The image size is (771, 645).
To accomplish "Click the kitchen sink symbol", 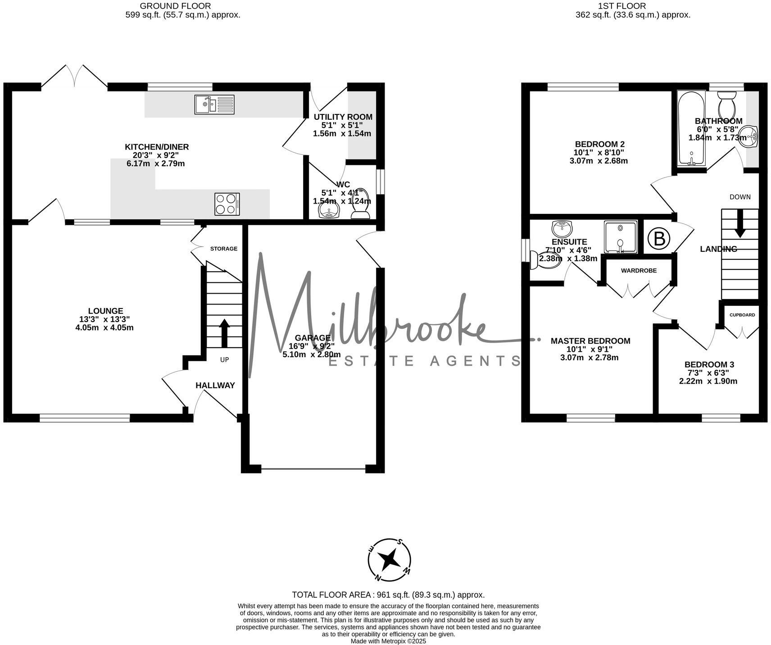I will click(x=214, y=104).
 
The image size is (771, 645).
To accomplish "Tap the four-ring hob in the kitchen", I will click(x=227, y=204).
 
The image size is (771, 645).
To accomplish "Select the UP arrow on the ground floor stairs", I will click(x=224, y=333).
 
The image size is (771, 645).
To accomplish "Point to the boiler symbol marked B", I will click(x=659, y=238).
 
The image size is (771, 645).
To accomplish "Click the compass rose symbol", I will click(x=390, y=560).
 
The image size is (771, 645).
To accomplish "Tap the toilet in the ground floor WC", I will click(x=360, y=205).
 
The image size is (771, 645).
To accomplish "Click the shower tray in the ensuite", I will click(x=621, y=236).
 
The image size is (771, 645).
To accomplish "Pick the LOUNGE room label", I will click(x=105, y=311).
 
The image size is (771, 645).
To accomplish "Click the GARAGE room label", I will click(x=313, y=338).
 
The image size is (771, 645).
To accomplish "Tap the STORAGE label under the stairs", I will click(x=224, y=249).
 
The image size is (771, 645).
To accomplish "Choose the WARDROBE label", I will click(x=639, y=271).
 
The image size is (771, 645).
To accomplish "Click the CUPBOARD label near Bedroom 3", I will click(x=742, y=315).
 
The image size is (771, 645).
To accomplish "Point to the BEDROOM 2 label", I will click(x=599, y=144).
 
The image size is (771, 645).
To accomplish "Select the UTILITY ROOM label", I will click(x=343, y=117).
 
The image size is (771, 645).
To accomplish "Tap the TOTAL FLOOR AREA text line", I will click(x=388, y=595).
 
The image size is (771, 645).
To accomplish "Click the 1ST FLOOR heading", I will click(x=621, y=6).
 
